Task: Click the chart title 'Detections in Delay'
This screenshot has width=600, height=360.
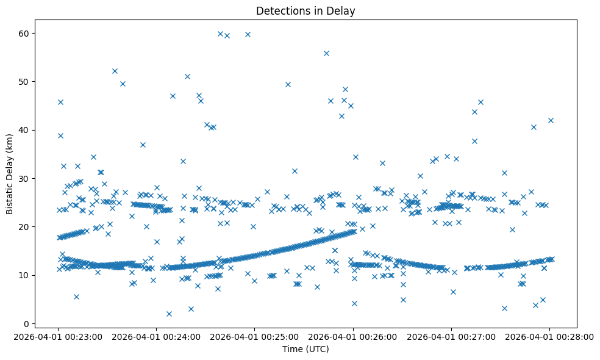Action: (x=305, y=11)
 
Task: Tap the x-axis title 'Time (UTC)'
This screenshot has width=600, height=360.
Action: (x=305, y=349)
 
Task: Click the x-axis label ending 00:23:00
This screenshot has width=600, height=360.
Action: (x=59, y=336)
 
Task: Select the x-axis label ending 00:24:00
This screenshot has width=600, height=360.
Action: (x=157, y=336)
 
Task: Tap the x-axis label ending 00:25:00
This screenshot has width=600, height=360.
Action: (x=255, y=336)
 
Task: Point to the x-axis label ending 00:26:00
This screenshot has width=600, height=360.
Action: (x=353, y=336)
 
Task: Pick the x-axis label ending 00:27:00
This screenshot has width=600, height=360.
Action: (x=451, y=336)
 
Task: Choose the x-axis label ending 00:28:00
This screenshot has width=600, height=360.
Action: (x=549, y=336)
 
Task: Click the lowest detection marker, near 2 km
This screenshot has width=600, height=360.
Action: (x=169, y=314)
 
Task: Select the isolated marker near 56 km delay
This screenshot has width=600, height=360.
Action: (x=326, y=53)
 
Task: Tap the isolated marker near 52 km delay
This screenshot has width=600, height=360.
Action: (x=115, y=71)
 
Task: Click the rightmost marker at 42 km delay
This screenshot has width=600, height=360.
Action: (x=551, y=120)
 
